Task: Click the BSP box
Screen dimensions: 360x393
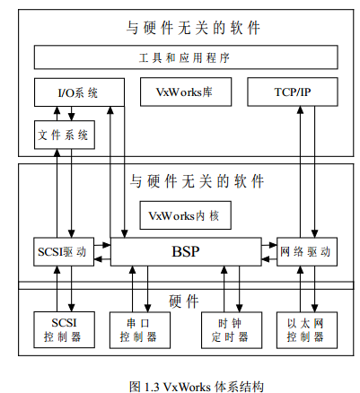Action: click(x=186, y=251)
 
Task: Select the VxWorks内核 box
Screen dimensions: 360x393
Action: click(x=186, y=215)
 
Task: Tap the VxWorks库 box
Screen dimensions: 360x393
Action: click(x=186, y=92)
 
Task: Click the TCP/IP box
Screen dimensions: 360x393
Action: click(x=293, y=92)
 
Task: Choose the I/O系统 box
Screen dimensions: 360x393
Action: click(x=79, y=92)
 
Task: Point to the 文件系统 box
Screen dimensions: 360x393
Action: click(x=65, y=135)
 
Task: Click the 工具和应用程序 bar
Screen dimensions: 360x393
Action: click(x=186, y=57)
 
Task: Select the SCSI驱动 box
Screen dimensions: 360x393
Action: click(x=64, y=251)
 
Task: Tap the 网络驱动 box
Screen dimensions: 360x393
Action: click(x=307, y=251)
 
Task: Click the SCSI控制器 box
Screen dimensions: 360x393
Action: click(x=64, y=330)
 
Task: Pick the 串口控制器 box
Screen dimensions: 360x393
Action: click(x=140, y=330)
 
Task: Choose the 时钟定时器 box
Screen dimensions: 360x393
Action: click(x=232, y=330)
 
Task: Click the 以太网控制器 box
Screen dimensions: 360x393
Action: click(x=307, y=330)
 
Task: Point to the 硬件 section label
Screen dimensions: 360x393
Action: click(x=184, y=301)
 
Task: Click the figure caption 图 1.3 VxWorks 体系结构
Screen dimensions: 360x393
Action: click(x=197, y=387)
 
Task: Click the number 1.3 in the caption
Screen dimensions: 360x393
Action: click(x=152, y=387)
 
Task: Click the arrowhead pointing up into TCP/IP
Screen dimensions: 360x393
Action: click(x=300, y=109)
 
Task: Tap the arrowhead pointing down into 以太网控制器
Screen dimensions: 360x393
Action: click(x=314, y=309)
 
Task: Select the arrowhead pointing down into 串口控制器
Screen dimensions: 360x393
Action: click(x=147, y=309)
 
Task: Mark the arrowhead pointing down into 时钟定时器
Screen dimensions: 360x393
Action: click(x=239, y=309)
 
